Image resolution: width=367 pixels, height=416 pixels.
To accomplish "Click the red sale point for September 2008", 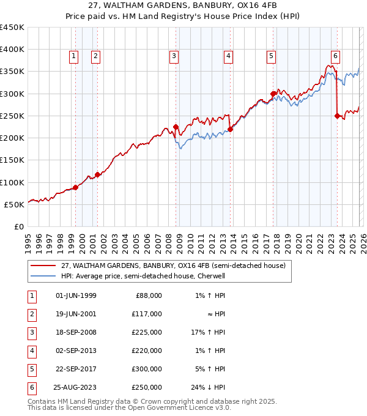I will click(176, 127).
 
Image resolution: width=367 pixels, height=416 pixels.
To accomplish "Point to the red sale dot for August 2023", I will click(337, 116).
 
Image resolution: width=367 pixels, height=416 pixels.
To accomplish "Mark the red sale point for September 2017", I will click(273, 94).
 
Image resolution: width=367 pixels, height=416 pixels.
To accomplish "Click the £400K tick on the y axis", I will click(12, 50).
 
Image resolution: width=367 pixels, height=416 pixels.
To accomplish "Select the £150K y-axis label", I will click(12, 160).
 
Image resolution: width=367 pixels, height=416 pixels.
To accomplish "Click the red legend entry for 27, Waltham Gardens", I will click(173, 266).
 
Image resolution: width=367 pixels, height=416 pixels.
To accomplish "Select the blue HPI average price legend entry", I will click(143, 276).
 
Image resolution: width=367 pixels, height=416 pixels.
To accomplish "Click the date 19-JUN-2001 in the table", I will click(76, 313).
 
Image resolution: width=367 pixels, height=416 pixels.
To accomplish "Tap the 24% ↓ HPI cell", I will click(208, 387).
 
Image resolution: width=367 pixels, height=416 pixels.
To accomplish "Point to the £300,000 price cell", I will click(147, 368).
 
